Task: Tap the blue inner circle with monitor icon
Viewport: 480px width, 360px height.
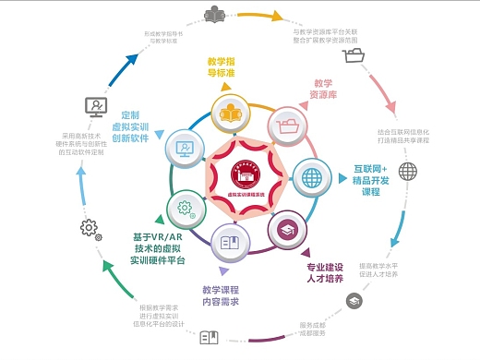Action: pyautogui.click(x=184, y=147)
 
